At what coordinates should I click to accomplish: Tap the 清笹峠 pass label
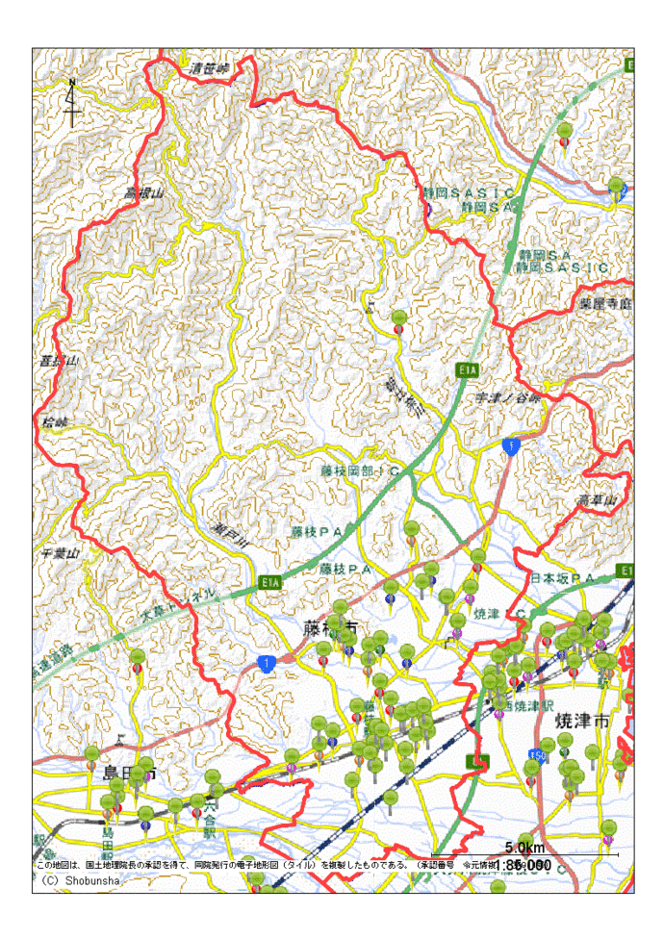pyautogui.click(x=211, y=69)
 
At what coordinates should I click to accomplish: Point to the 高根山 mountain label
pyautogui.click(x=145, y=193)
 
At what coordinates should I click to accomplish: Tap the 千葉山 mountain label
pyautogui.click(x=60, y=553)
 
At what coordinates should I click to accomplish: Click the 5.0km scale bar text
pyautogui.click(x=524, y=848)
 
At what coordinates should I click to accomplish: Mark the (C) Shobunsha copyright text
pyautogui.click(x=81, y=879)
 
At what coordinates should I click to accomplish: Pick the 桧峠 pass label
pyautogui.click(x=56, y=422)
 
